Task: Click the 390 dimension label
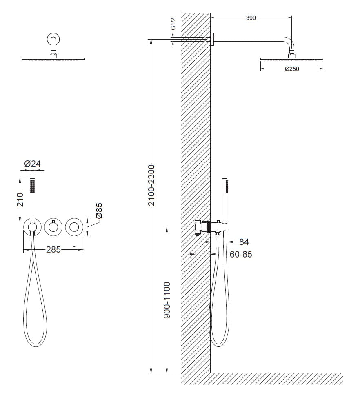coord(251,18)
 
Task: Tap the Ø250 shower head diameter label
coord(292,69)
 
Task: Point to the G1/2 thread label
coord(173,24)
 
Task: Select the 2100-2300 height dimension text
coord(151,185)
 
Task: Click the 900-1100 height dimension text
coord(167,300)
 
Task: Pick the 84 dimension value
coord(244,242)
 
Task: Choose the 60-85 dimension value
coord(241,254)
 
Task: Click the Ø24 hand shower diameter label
coord(32,164)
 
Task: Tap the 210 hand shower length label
coord(20,200)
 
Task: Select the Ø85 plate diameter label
coord(99,211)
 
